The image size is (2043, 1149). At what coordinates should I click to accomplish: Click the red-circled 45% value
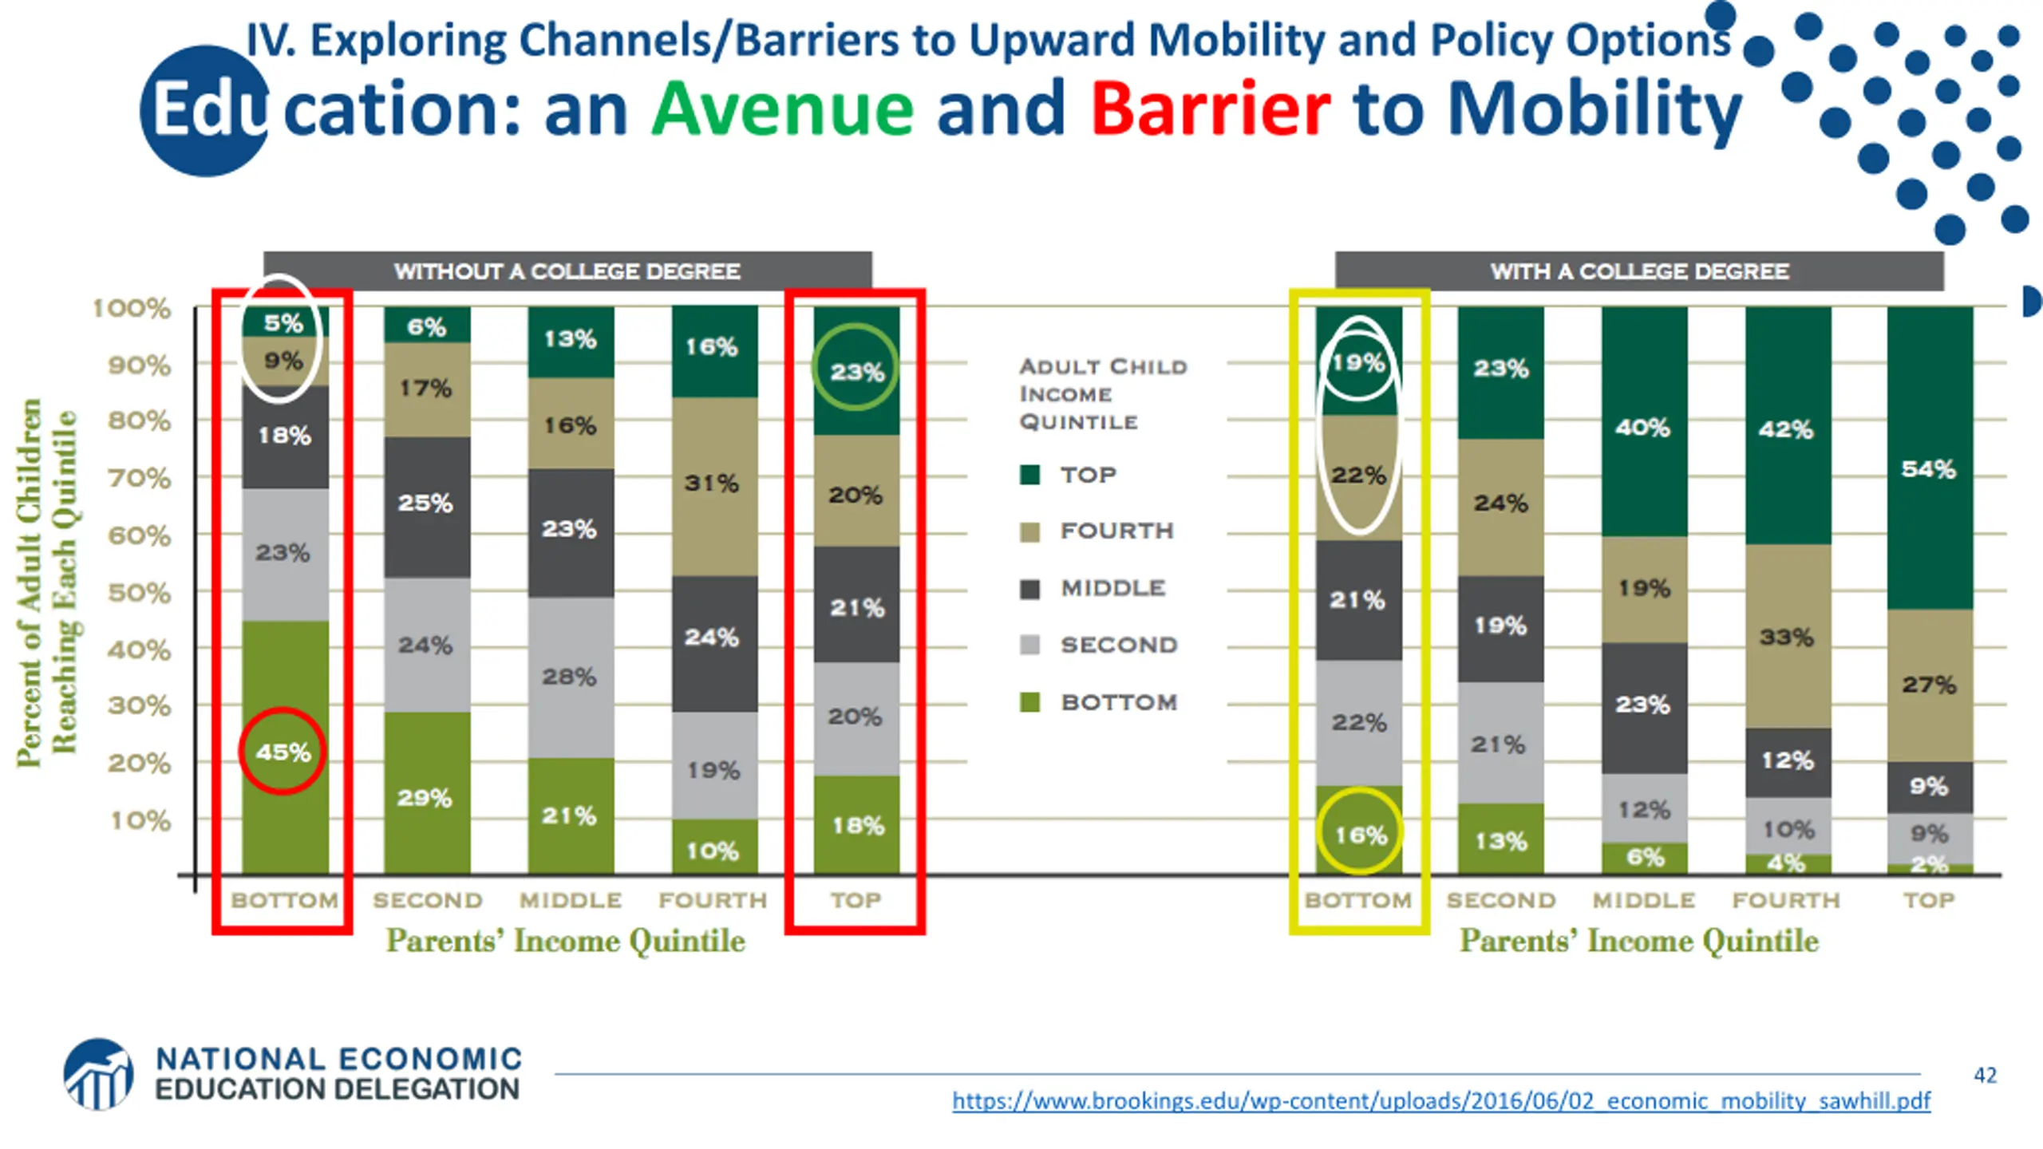(283, 752)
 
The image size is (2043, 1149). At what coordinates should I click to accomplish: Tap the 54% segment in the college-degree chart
(1929, 468)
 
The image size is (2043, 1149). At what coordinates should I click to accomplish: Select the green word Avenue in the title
(782, 109)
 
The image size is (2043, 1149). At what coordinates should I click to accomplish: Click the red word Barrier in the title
(1210, 109)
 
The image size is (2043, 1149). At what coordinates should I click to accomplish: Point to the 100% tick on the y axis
(132, 308)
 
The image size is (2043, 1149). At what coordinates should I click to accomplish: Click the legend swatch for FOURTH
(1030, 532)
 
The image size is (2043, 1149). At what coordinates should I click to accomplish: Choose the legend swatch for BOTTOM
(1030, 703)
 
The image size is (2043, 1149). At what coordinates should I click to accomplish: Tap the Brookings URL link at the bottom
(1441, 1101)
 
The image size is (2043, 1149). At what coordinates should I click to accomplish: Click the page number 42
(1985, 1076)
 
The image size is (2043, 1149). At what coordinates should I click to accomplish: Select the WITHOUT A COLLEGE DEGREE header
(567, 271)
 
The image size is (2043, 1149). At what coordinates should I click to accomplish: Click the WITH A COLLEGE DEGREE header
(1639, 271)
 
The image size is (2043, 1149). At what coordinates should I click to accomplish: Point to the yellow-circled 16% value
(1360, 835)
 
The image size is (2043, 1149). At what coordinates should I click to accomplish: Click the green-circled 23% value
(856, 372)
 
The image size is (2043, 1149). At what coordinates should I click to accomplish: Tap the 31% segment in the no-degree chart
(712, 483)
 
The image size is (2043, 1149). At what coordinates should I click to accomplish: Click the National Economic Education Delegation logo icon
(99, 1074)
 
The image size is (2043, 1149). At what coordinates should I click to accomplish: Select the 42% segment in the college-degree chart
(1786, 429)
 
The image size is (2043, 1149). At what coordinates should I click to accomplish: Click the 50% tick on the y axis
(140, 593)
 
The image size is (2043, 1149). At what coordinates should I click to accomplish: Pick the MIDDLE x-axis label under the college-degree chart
(1643, 900)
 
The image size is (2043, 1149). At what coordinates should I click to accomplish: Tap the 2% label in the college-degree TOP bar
(1929, 864)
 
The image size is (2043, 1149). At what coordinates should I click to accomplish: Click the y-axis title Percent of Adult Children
(30, 582)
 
